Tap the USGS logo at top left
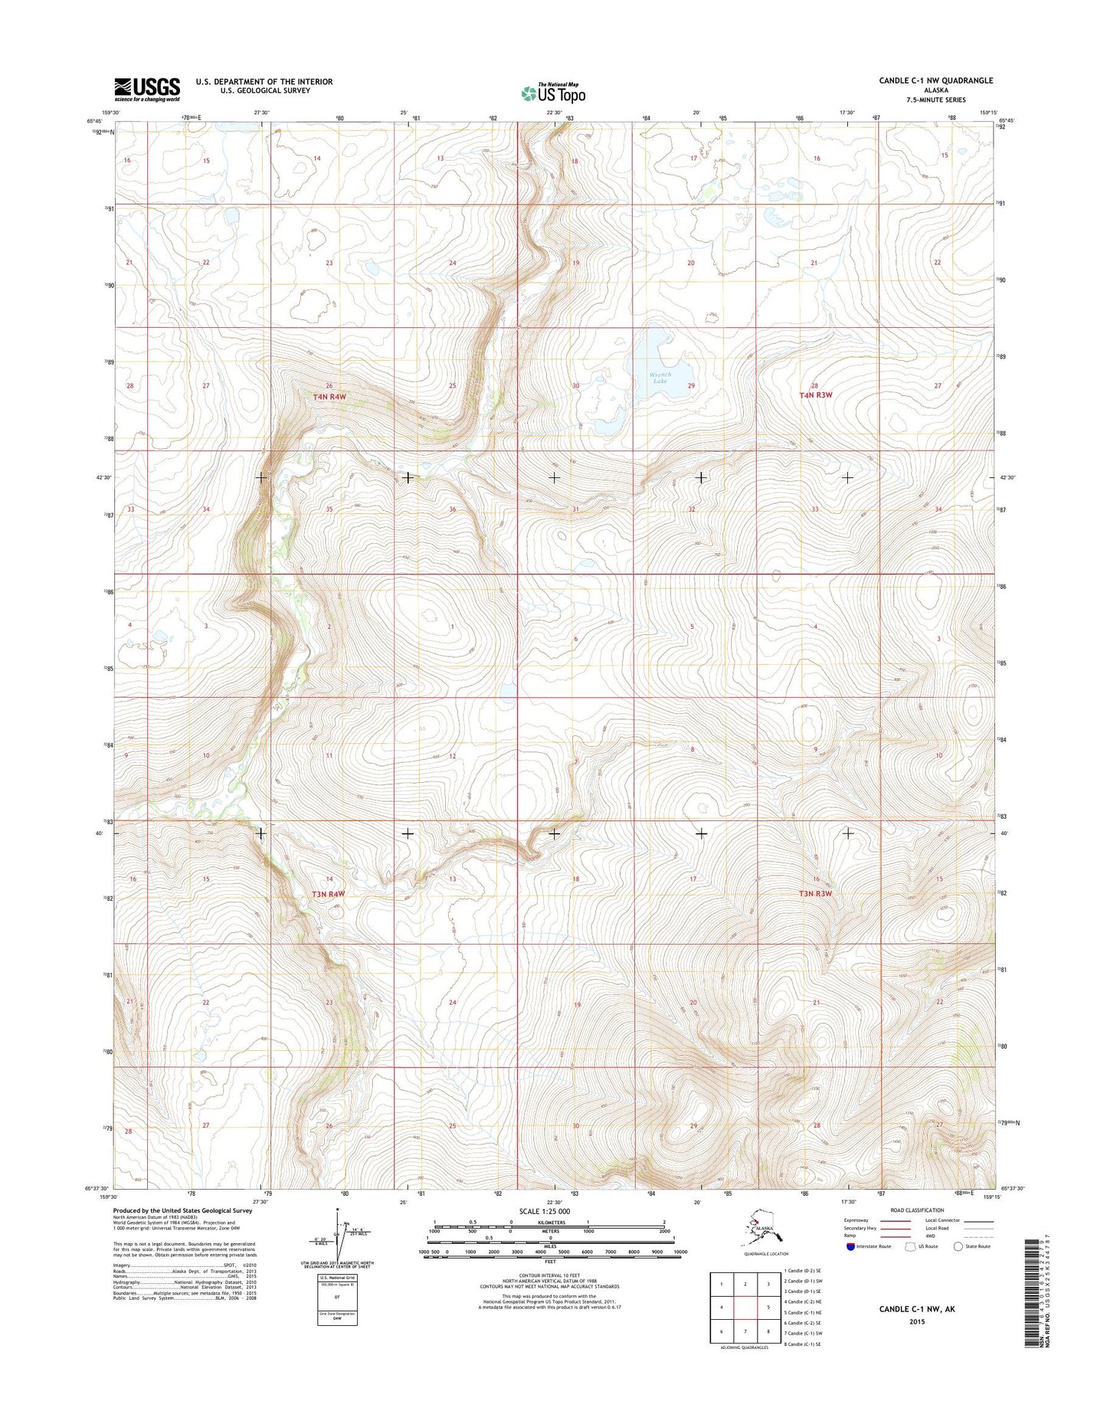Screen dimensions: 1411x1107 pos(147,89)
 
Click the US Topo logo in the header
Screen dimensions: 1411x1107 pos(553,93)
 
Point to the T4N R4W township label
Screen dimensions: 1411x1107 pos(329,397)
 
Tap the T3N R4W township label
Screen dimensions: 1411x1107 pos(328,894)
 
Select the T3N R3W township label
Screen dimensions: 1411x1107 pos(815,893)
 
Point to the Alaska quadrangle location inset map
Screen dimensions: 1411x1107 pos(759,1231)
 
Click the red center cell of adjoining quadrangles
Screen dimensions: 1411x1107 pos(745,1308)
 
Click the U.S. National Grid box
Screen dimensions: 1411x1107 pos(338,1298)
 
